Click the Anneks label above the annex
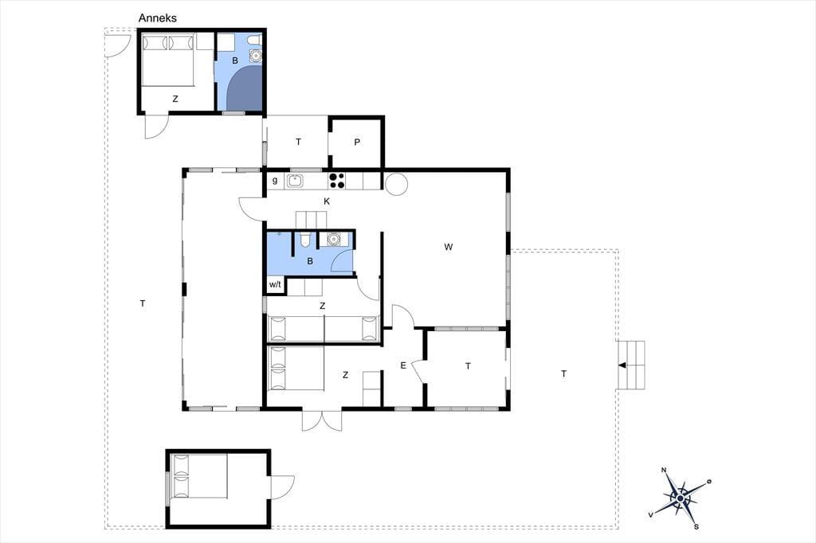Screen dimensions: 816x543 [x=157, y=18]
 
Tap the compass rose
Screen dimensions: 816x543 [x=680, y=498]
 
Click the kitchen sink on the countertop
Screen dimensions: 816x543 [x=295, y=181]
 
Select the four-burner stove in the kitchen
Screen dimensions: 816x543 [x=337, y=181]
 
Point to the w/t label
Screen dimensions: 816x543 [x=275, y=284]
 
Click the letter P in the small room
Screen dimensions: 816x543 [x=357, y=142]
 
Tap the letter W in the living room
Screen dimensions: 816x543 [x=449, y=247]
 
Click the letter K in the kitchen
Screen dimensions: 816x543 [x=327, y=201]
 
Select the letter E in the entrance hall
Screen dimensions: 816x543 [x=402, y=365]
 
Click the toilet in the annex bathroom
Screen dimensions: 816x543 [x=254, y=40]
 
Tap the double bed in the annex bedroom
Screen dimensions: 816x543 [x=168, y=59]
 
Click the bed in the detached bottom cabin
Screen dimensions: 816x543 [x=199, y=476]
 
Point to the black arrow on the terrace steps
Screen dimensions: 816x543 [x=622, y=365]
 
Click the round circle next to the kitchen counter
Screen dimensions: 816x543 [x=395, y=184]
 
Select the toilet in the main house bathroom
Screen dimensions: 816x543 [x=305, y=240]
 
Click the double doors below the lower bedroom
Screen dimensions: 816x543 [x=322, y=420]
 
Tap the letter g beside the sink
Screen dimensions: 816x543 [x=275, y=181]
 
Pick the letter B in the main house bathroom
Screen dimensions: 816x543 [x=310, y=261]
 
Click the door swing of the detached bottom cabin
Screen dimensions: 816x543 [x=283, y=486]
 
